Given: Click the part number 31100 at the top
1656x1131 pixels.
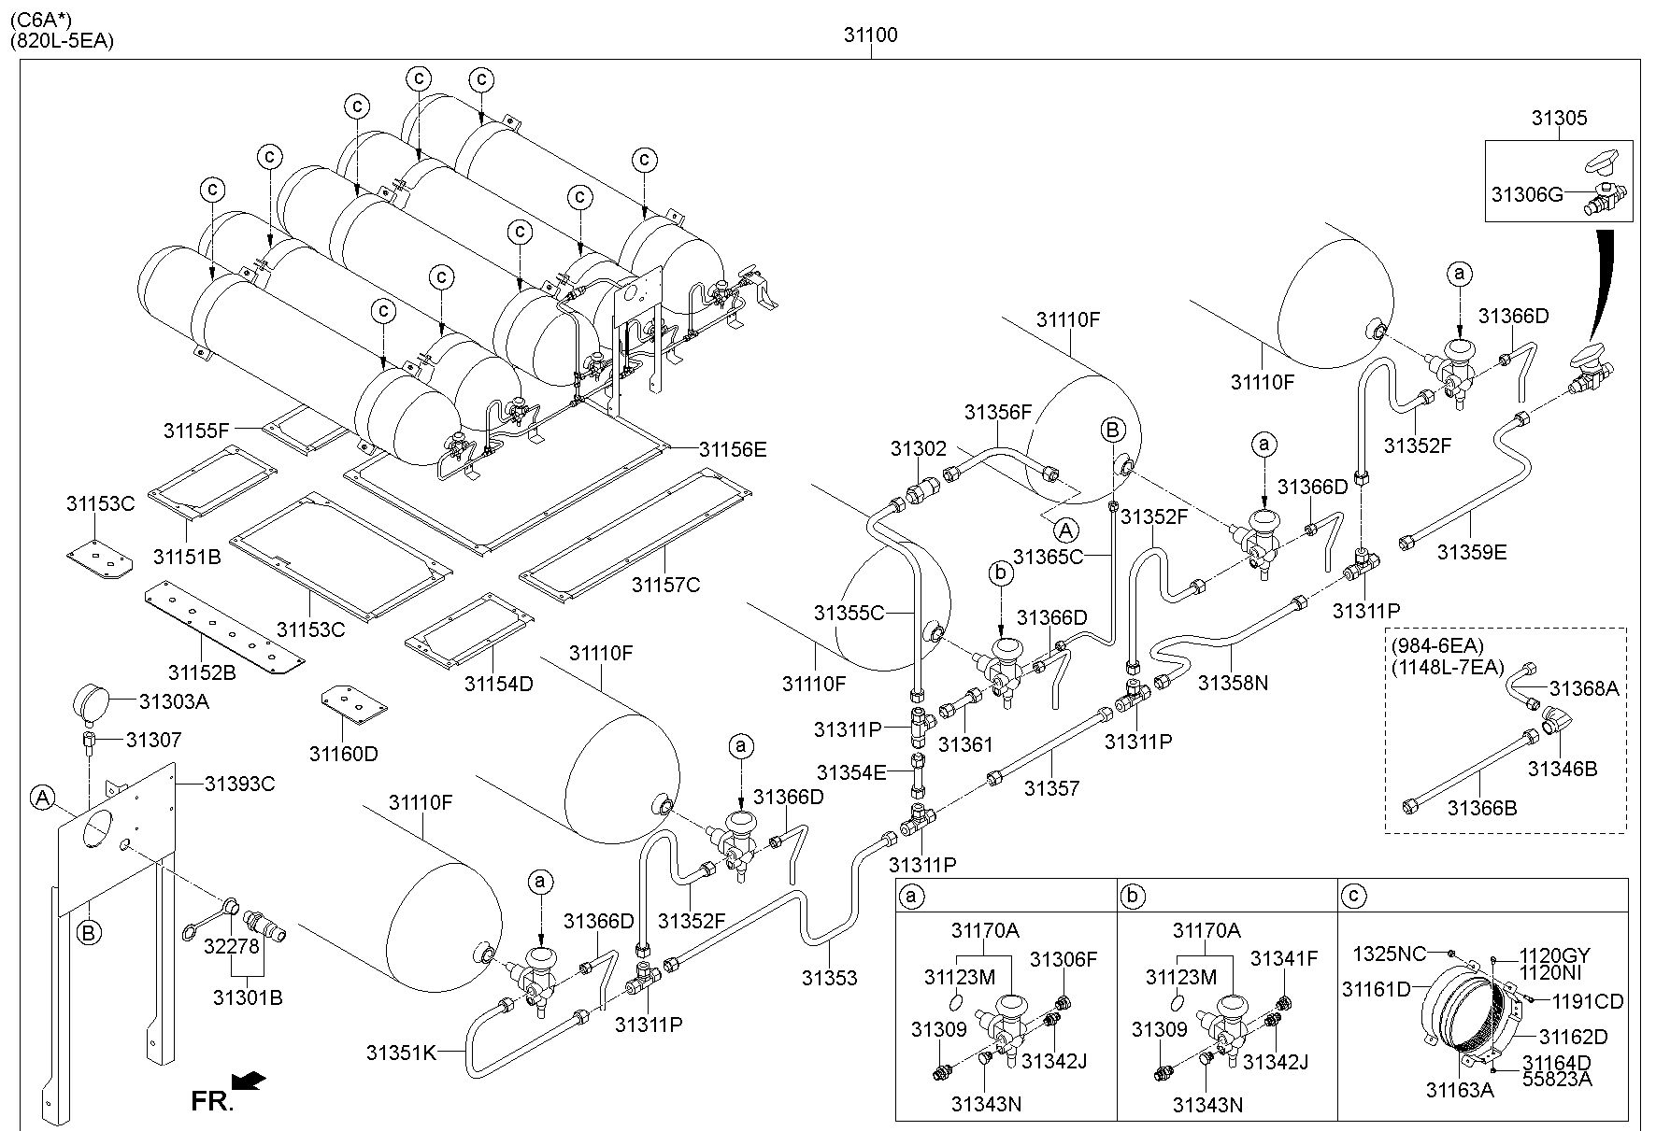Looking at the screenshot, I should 870,35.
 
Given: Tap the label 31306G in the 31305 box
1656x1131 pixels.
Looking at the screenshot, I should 1527,194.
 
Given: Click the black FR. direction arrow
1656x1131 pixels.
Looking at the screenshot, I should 249,1081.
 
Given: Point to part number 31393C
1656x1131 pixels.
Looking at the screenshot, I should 239,784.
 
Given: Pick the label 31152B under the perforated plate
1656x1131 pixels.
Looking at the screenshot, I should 202,672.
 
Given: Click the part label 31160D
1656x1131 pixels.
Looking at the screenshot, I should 344,754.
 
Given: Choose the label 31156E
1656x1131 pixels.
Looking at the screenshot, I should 733,449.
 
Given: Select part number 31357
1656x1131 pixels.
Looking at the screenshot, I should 1051,788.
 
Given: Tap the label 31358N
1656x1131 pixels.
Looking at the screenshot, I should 1233,683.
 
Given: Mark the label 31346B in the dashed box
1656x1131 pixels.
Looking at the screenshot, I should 1563,769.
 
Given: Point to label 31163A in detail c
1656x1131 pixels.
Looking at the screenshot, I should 1460,1089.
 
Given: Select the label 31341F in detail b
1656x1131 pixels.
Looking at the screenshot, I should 1284,958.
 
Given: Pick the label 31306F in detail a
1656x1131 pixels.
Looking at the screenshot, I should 1064,958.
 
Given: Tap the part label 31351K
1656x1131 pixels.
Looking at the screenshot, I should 401,1053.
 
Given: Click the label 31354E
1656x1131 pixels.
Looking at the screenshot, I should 850,772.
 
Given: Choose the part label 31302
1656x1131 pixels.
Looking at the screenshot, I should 918,449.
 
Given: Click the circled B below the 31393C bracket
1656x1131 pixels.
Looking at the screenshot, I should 89,932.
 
